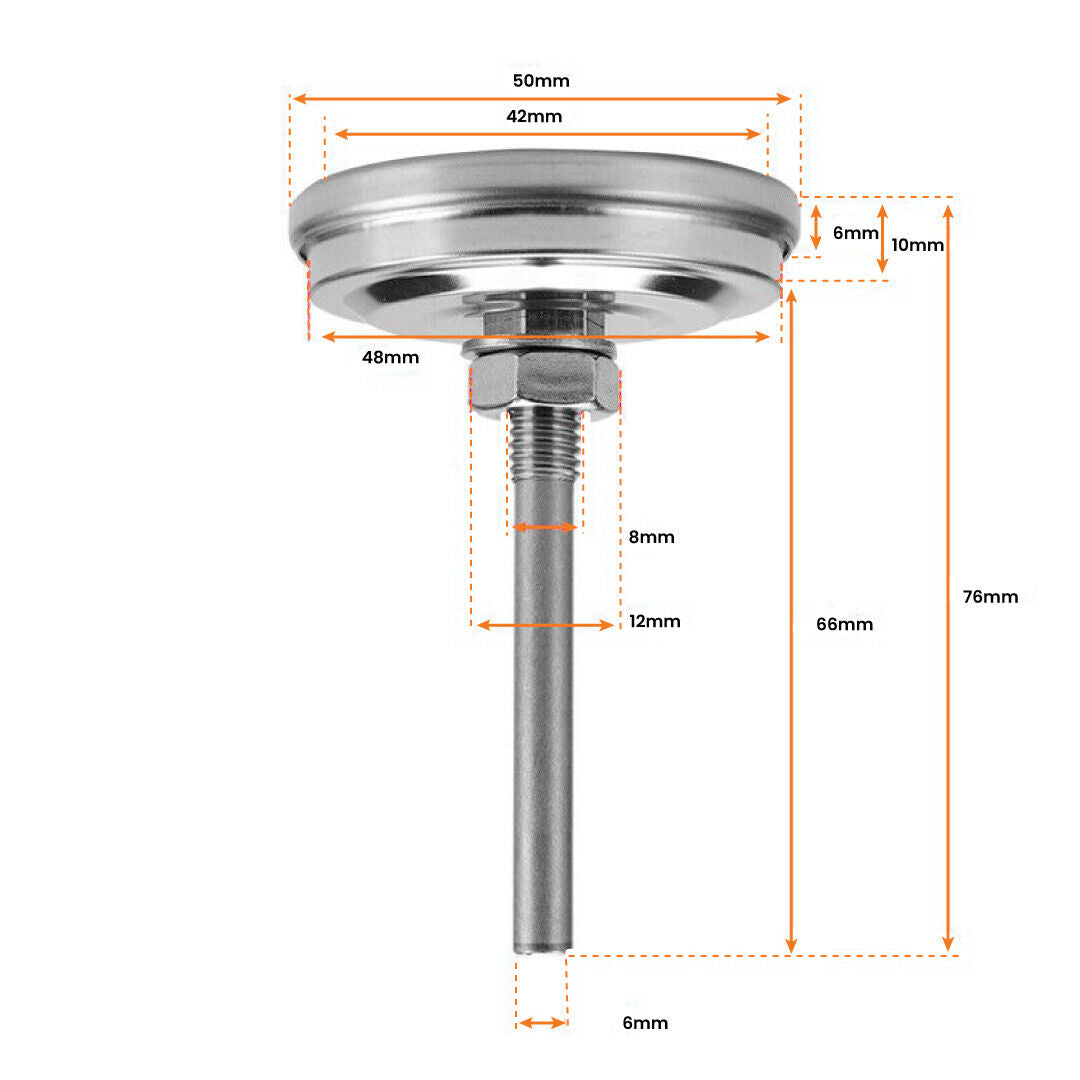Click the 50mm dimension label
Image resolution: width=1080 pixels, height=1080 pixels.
(x=541, y=81)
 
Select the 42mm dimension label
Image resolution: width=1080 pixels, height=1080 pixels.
(x=534, y=116)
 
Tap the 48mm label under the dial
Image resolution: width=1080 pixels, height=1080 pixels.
(x=391, y=357)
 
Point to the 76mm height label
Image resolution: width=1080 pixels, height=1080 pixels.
(x=990, y=597)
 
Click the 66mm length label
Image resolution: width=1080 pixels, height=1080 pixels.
(x=845, y=624)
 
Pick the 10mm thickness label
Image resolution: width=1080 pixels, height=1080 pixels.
(x=917, y=244)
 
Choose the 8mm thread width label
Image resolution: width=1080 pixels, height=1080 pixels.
(x=651, y=537)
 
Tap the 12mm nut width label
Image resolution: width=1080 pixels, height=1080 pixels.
(x=655, y=621)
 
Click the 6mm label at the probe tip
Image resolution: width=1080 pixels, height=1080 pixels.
(x=644, y=1023)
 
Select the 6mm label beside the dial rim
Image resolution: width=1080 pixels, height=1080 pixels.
(x=855, y=233)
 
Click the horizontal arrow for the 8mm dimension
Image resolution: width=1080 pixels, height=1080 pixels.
(x=545, y=527)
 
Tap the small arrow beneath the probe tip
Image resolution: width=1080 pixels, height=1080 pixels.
(x=542, y=1023)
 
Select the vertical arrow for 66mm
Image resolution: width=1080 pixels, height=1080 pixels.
(x=791, y=620)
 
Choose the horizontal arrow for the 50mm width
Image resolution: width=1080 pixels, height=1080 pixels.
(x=541, y=99)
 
